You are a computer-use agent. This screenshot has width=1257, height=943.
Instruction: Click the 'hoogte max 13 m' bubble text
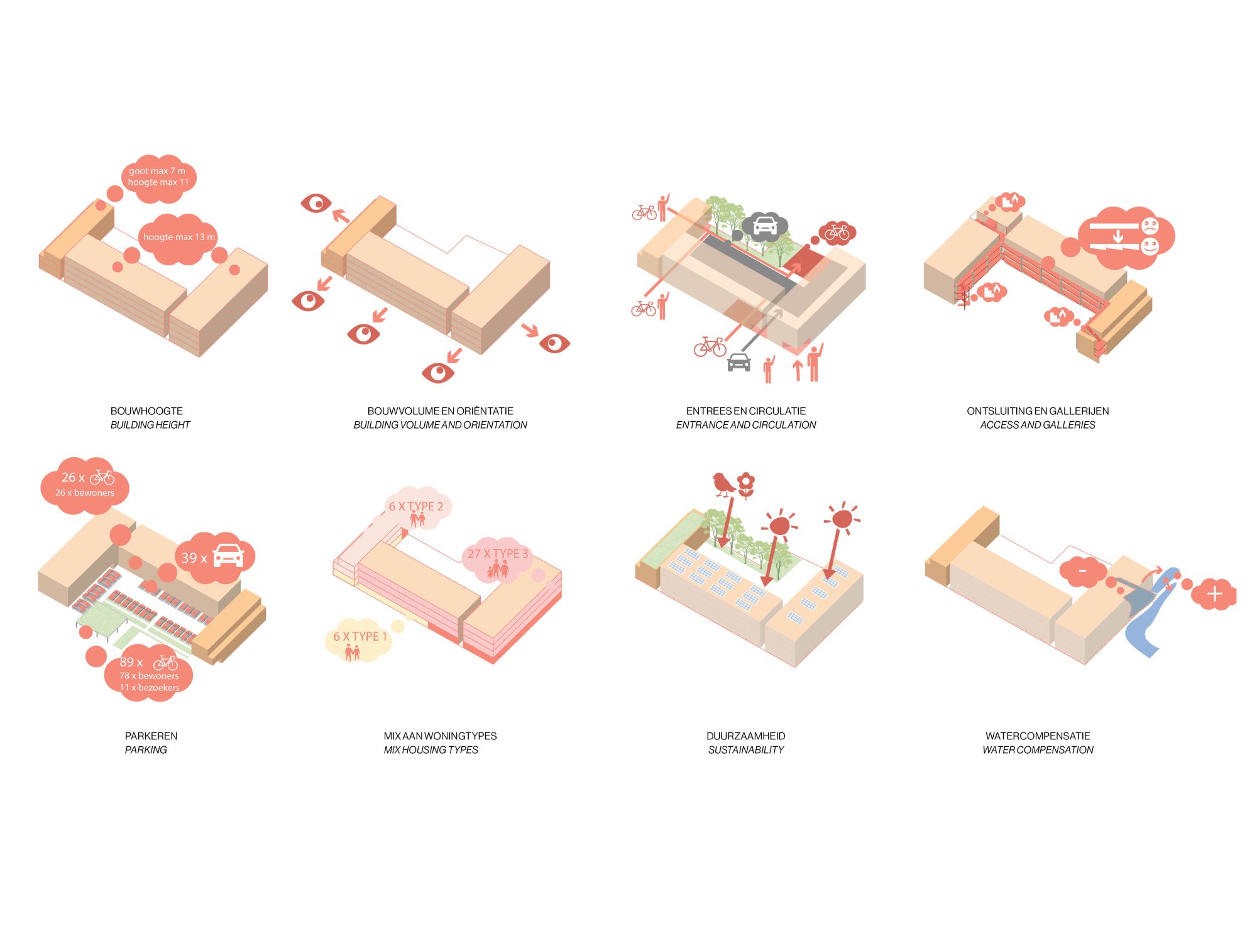(179, 237)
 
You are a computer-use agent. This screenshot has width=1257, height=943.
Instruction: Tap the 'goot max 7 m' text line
(157, 170)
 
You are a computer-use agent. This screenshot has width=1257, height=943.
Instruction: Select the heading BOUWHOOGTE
(146, 411)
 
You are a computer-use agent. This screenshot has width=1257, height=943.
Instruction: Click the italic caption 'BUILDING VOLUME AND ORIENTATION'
(440, 425)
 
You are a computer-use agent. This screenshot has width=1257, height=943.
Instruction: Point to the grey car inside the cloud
(765, 225)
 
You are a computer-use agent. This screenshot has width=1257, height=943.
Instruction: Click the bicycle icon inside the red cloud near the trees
(837, 233)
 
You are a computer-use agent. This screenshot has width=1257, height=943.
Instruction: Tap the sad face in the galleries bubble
(1150, 226)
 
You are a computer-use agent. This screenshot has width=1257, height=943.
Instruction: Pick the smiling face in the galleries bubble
(1150, 246)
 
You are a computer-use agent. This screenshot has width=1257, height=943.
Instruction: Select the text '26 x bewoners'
(85, 493)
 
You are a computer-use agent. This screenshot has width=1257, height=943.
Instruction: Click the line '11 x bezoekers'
(150, 688)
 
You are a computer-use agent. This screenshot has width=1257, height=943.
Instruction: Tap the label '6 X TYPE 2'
(415, 506)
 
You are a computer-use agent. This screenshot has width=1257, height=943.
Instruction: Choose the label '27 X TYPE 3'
(498, 554)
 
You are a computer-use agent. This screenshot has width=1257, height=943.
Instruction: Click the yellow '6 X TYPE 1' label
(360, 637)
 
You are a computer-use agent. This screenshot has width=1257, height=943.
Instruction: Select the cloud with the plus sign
(1214, 594)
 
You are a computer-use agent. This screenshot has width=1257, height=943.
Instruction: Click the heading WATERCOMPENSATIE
(1038, 736)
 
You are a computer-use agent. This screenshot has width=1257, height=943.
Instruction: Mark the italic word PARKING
(146, 750)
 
